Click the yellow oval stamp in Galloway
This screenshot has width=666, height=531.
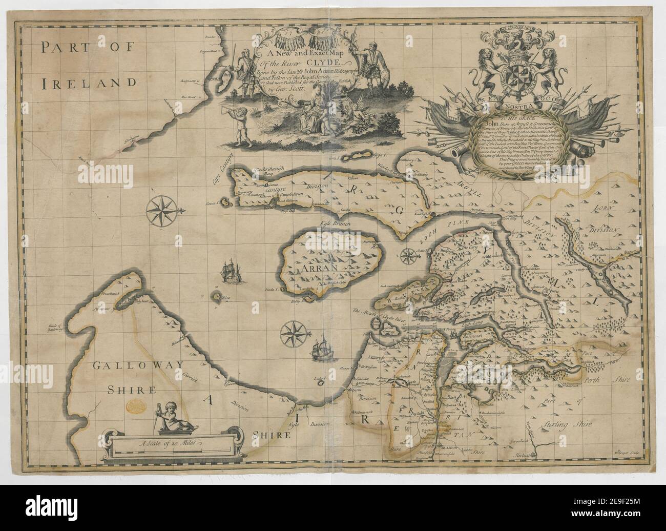(x=135, y=405)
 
